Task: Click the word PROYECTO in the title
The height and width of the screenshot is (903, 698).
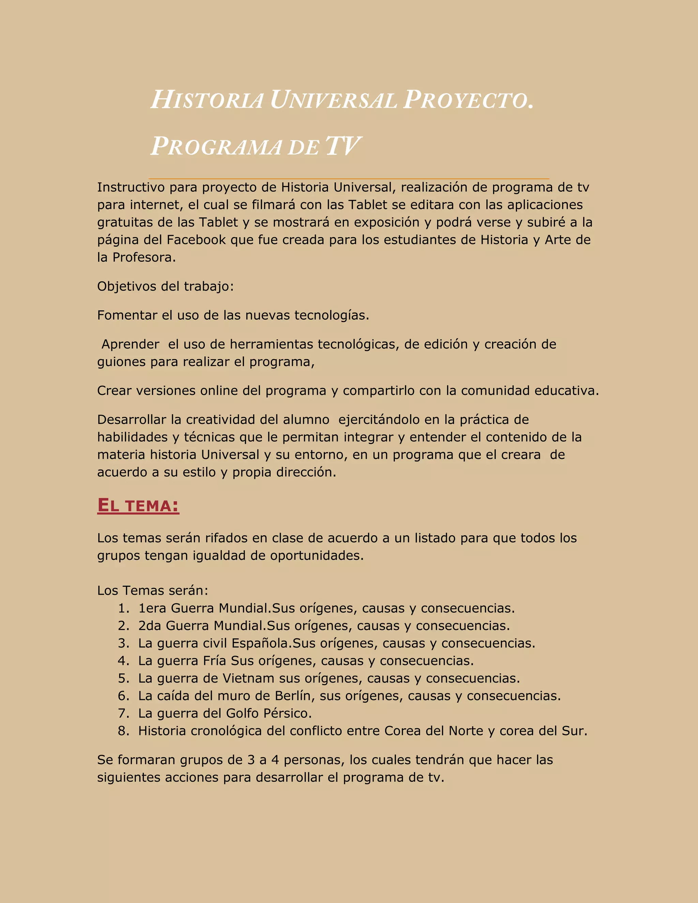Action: tap(467, 101)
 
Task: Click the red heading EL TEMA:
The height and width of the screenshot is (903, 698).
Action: tap(138, 505)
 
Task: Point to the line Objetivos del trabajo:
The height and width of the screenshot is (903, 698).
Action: tap(165, 286)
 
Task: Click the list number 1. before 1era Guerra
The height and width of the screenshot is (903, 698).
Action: tap(124, 608)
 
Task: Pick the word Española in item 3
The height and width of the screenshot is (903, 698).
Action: tap(260, 643)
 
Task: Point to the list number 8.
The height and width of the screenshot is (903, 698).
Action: tap(124, 731)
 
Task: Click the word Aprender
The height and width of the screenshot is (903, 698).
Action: tap(130, 344)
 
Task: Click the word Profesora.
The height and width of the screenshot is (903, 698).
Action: tap(144, 257)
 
